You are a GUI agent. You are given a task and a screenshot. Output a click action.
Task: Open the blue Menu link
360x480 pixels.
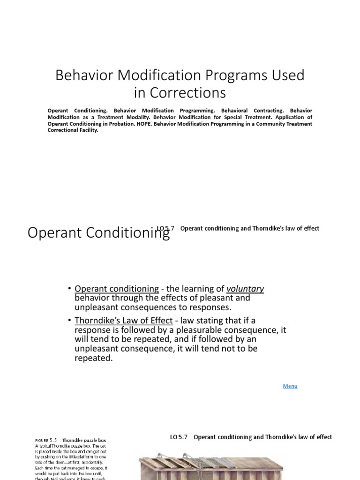click(290, 386)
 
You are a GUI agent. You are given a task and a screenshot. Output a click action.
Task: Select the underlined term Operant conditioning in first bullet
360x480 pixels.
click(117, 289)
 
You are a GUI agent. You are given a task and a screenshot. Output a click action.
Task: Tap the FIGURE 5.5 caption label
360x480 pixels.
click(46, 441)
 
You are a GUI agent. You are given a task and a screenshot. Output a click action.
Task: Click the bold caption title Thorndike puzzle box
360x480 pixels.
click(86, 441)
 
